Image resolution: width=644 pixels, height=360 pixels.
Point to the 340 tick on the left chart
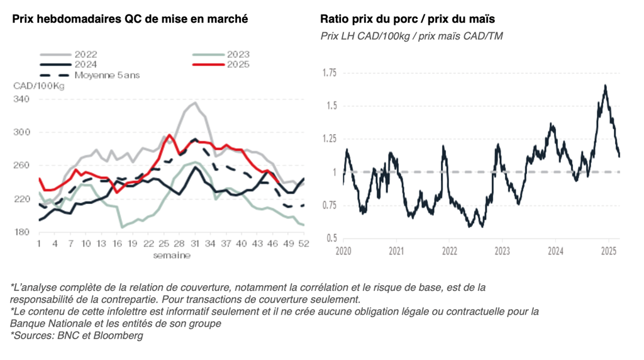tap(22, 99)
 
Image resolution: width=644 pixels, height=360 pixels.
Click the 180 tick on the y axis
tap(22, 232)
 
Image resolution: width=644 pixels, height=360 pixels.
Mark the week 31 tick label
tap(195, 244)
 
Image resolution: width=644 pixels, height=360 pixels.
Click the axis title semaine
tap(171, 256)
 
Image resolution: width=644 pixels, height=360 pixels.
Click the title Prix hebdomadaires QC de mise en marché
tap(130, 19)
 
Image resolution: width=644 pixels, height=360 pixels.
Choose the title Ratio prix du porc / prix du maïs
tap(408, 19)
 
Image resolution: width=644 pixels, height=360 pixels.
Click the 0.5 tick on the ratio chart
tap(331, 239)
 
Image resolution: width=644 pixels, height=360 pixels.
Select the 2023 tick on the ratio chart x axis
tap(502, 251)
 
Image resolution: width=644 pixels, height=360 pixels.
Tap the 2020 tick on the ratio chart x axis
tap(343, 251)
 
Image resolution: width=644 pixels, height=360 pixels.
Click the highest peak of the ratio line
tap(605, 86)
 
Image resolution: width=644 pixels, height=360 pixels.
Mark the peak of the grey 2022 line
tap(194, 103)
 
